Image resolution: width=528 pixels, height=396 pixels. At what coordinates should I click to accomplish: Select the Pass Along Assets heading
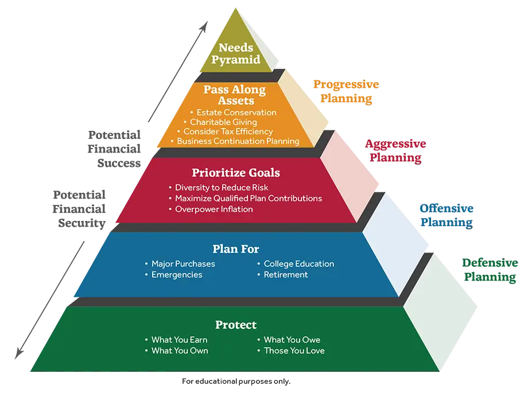235,95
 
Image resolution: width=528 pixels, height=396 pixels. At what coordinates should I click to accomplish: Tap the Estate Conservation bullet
236,112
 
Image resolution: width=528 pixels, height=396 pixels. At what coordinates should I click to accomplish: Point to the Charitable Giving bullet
223,122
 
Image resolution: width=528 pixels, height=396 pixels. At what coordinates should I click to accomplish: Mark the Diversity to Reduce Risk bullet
222,188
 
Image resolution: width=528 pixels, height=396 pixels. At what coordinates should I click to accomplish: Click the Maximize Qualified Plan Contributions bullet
249,199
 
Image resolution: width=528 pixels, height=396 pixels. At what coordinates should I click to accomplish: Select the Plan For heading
236,249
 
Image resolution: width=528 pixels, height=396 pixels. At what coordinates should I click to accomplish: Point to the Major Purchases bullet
183,264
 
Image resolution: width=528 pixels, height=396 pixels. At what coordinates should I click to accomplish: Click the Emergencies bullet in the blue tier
177,275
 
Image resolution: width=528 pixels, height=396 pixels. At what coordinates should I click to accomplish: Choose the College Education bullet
298,264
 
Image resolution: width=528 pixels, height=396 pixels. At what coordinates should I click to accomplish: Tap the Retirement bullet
286,275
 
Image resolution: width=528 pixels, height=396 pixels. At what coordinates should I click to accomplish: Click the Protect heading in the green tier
236,325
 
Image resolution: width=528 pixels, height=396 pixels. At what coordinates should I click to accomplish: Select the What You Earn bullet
179,340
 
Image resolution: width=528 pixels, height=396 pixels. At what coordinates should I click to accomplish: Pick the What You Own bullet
180,351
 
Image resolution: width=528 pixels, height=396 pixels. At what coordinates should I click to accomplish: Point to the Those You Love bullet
294,351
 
